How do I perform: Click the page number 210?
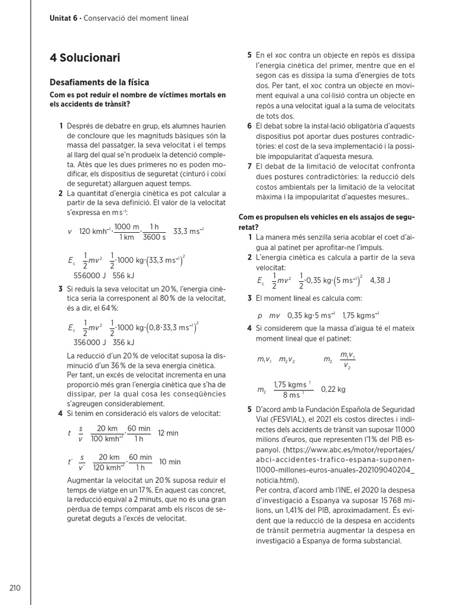pyautogui.click(x=15, y=588)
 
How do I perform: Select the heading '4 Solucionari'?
pyautogui.click(x=85, y=58)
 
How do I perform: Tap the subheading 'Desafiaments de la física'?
pyautogui.click(x=99, y=82)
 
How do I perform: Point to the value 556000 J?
pyautogui.click(x=89, y=275)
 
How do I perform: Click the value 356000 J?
pyautogui.click(x=89, y=342)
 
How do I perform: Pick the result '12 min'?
pyautogui.click(x=168, y=433)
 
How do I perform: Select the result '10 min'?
pyautogui.click(x=170, y=462)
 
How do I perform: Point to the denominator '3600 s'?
pyautogui.click(x=154, y=238)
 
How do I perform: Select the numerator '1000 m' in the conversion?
pyautogui.click(x=127, y=227)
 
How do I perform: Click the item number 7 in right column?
pyautogui.click(x=249, y=167)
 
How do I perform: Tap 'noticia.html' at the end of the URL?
pyautogui.click(x=275, y=480)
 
